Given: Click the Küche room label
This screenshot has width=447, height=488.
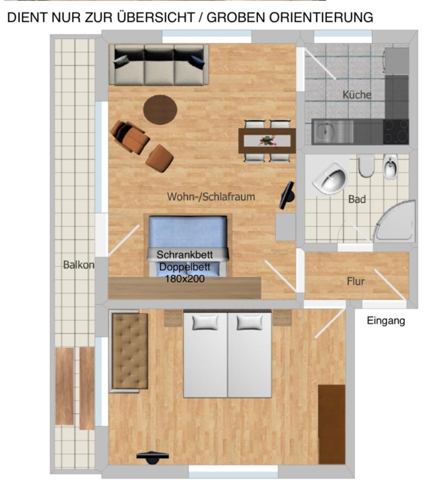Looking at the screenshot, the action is pyautogui.click(x=357, y=95).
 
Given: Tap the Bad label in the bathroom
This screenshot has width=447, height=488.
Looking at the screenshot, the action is pyautogui.click(x=357, y=199).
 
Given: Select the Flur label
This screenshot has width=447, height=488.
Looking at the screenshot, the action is pyautogui.click(x=356, y=282).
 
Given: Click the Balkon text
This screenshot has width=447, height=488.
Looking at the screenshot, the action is pyautogui.click(x=79, y=265).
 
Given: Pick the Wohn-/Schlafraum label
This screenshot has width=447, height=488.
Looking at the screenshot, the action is pyautogui.click(x=211, y=197).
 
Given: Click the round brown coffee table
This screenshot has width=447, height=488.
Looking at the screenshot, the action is pyautogui.click(x=160, y=110).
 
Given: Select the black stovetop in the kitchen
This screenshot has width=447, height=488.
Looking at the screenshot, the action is pyautogui.click(x=396, y=131).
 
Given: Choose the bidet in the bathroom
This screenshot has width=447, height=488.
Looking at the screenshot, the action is pyautogui.click(x=390, y=166).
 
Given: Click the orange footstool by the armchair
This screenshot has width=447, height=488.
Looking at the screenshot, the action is pyautogui.click(x=159, y=158).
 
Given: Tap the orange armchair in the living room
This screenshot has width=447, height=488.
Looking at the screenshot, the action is pyautogui.click(x=130, y=137).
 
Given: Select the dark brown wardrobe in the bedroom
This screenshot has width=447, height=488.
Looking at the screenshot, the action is pyautogui.click(x=332, y=424).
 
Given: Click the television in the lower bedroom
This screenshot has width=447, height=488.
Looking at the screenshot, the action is pyautogui.click(x=153, y=457).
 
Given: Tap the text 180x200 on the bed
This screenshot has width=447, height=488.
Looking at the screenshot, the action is pyautogui.click(x=185, y=279).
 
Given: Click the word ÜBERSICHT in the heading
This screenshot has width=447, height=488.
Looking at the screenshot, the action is pyautogui.click(x=156, y=17).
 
